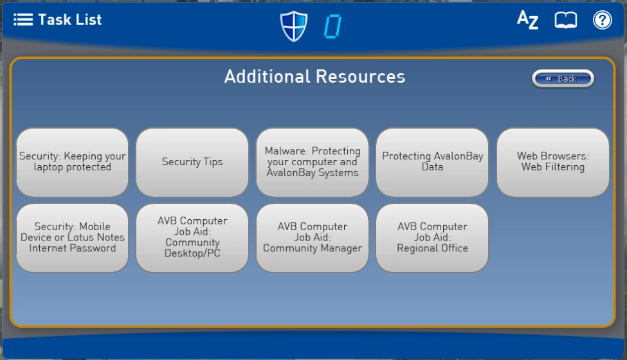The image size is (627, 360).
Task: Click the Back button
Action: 563,78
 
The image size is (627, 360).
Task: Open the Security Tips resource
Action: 192,162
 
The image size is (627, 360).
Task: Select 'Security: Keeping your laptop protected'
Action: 73,162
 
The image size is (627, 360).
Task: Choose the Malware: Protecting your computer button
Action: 313,162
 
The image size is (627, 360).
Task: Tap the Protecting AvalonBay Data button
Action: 432,162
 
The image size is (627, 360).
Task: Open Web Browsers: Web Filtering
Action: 552,162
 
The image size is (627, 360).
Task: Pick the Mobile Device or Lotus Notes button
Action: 73,238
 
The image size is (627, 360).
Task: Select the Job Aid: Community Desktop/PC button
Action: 192,238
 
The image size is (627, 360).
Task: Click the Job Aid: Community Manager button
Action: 313,238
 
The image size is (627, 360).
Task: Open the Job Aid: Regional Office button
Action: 432,238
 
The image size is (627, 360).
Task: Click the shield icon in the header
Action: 294,26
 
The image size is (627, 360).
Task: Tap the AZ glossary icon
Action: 527,19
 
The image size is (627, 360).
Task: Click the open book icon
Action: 565,20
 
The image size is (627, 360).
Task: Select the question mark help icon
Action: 602,20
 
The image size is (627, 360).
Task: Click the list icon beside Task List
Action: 23,19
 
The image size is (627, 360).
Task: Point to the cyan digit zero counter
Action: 332,26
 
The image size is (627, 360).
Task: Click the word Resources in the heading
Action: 360,76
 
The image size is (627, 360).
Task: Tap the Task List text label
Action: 70,19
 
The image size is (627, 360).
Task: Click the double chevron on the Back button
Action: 549,78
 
